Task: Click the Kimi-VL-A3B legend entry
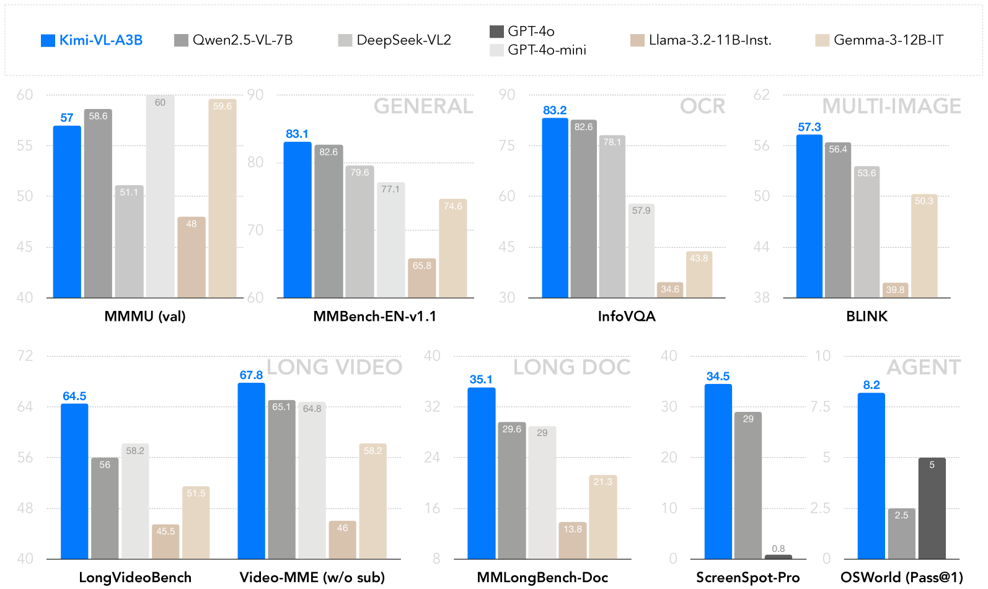coord(92,40)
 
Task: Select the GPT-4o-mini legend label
coord(547,50)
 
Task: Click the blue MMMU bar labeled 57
coord(67,211)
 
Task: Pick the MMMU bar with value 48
coord(192,257)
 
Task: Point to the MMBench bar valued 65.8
coord(422,278)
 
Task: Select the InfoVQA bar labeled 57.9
coord(642,251)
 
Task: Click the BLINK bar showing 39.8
coord(896,290)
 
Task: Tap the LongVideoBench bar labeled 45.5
coord(165,542)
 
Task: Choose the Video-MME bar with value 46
coord(343,540)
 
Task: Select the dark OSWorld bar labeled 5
coord(932,508)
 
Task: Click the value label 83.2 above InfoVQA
coord(555,110)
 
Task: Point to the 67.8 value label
coord(251,375)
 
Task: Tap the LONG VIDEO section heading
coord(334,367)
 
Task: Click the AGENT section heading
coord(924,367)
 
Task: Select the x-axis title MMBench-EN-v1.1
coord(374,316)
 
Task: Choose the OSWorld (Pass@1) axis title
coord(902,577)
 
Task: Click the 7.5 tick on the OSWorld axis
coord(821,407)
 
